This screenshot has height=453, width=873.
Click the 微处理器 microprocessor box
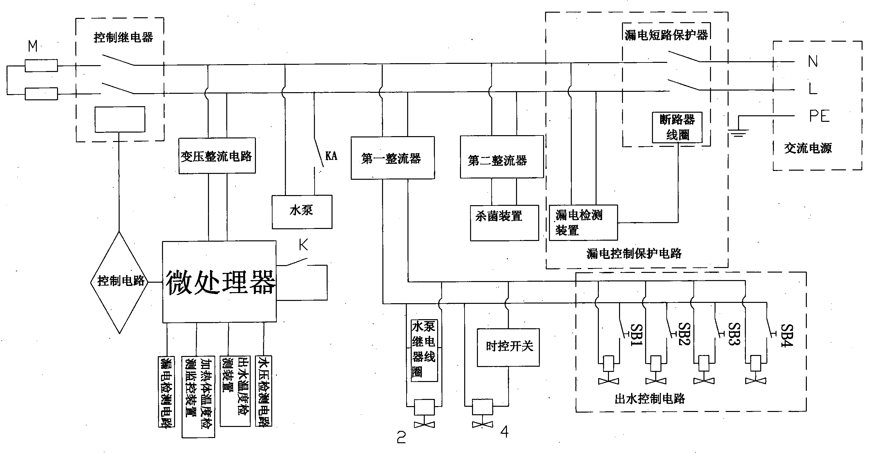click(219, 282)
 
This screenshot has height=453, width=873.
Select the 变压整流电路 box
click(217, 156)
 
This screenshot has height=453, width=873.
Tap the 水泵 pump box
click(302, 212)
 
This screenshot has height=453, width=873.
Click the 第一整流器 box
click(392, 158)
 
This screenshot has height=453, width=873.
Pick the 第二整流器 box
click(502, 157)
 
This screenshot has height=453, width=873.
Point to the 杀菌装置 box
click(504, 223)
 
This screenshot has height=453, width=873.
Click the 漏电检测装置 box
click(583, 222)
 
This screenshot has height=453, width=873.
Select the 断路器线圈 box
click(677, 127)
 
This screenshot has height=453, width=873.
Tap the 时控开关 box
click(508, 347)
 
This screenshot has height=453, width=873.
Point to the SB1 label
click(636, 335)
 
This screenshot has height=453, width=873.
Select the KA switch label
click(331, 156)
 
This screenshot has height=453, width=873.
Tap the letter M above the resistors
click(33, 46)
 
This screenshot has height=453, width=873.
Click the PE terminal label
click(820, 116)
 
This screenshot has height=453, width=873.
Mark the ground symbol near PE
click(738, 133)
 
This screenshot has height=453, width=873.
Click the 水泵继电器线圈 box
click(424, 350)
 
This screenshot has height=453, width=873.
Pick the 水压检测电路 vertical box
click(263, 391)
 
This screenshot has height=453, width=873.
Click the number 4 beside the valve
click(504, 432)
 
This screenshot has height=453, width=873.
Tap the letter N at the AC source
click(813, 61)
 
